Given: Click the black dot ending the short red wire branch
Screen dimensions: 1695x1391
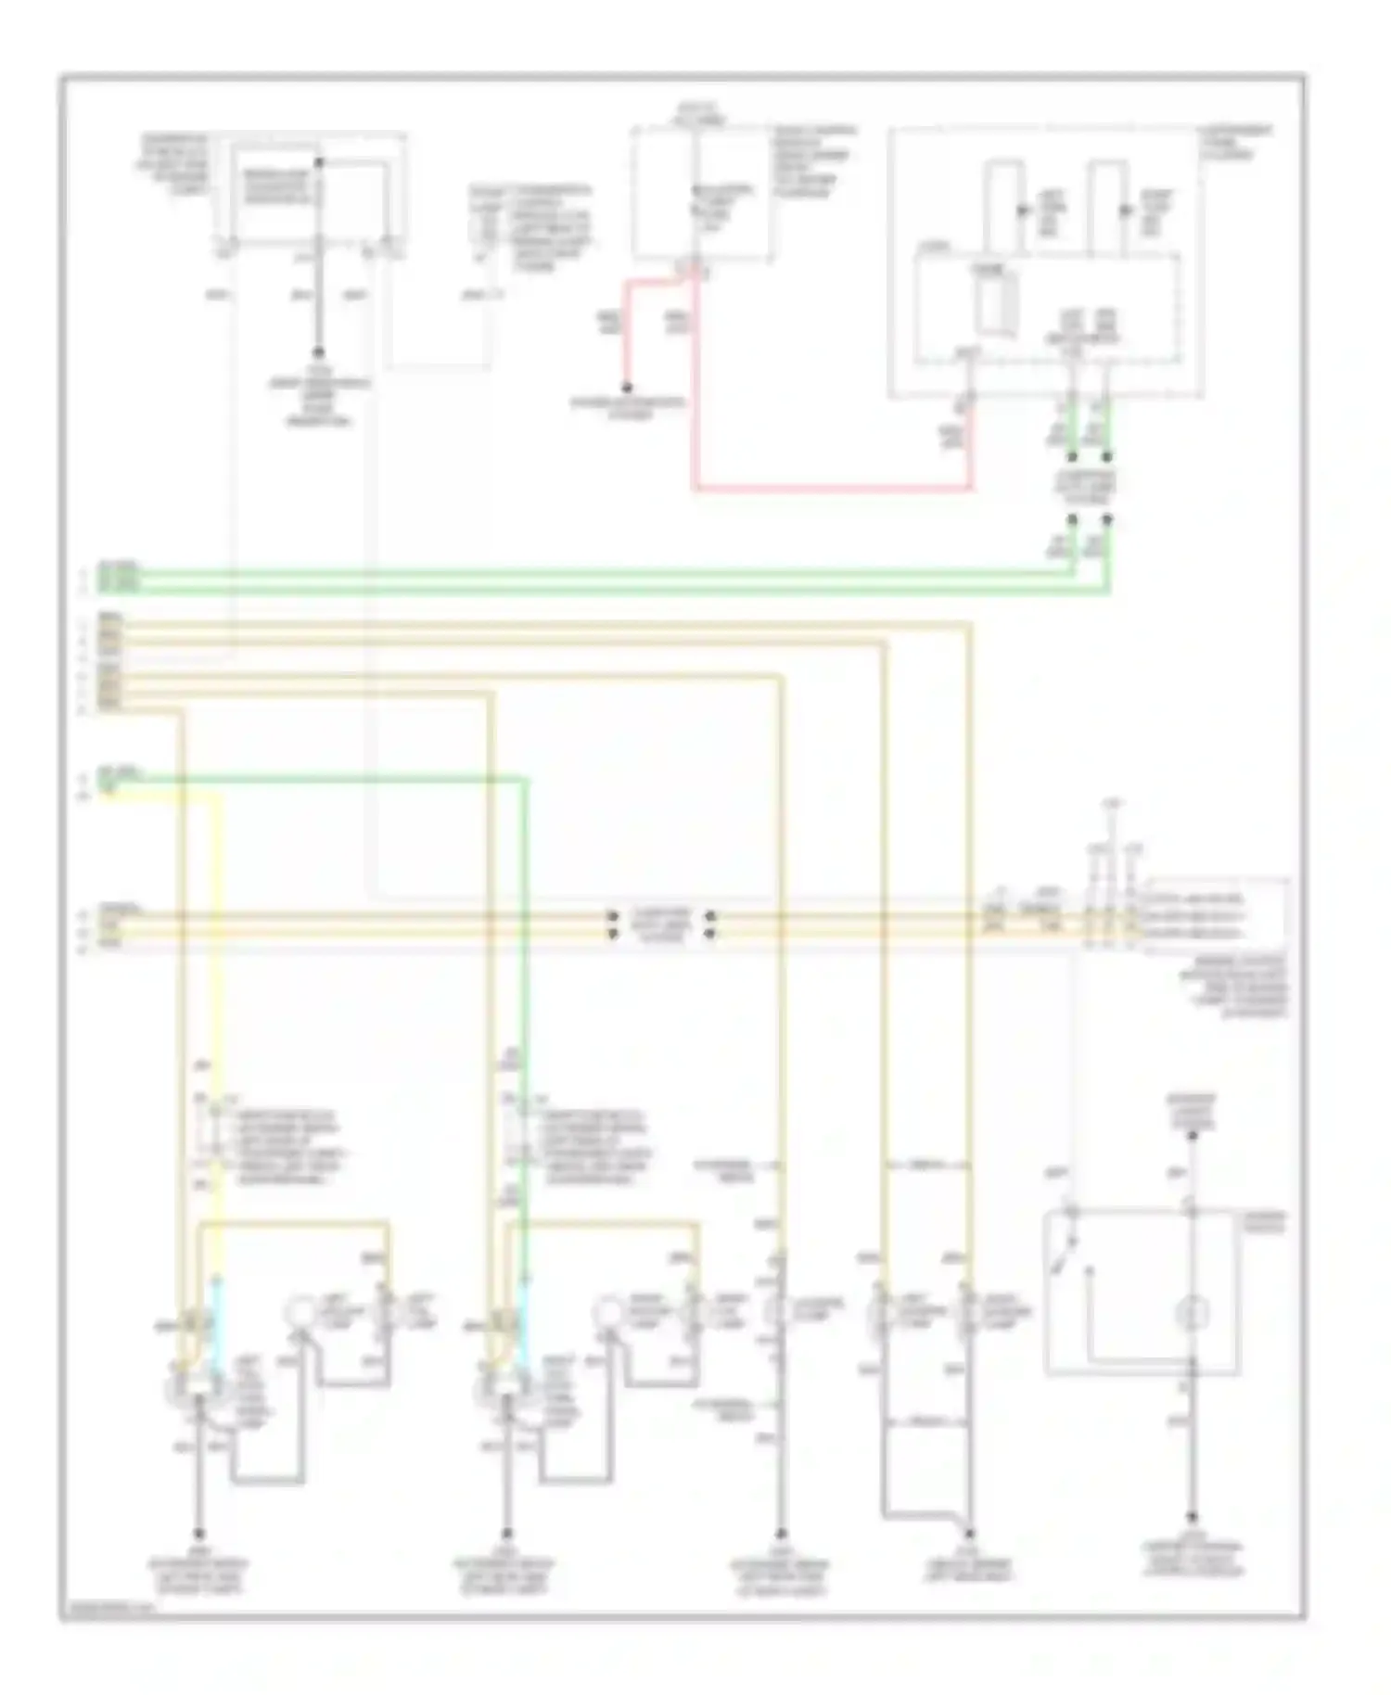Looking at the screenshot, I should tap(627, 388).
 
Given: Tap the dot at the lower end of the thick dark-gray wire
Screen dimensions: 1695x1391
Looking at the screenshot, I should tap(318, 353).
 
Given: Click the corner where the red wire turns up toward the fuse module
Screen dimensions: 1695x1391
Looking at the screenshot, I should tap(971, 487).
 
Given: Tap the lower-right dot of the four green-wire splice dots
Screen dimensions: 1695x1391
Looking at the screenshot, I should tap(1107, 520).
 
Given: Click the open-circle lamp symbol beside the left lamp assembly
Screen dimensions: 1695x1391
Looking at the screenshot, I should tap(299, 1311).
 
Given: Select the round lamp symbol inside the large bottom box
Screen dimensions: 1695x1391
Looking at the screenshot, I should tap(1192, 1313).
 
